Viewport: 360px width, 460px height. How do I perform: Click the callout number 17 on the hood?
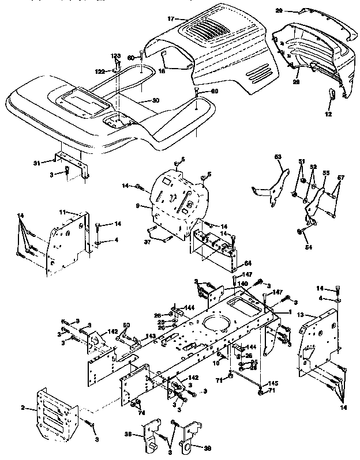[170, 19]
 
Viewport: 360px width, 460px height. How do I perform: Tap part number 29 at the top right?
[295, 10]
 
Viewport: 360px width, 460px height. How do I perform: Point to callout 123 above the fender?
[115, 56]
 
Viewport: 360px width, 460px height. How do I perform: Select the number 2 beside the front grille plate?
[23, 408]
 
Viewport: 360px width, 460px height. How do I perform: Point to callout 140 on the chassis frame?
[243, 285]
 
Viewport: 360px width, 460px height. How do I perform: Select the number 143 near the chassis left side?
[151, 336]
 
